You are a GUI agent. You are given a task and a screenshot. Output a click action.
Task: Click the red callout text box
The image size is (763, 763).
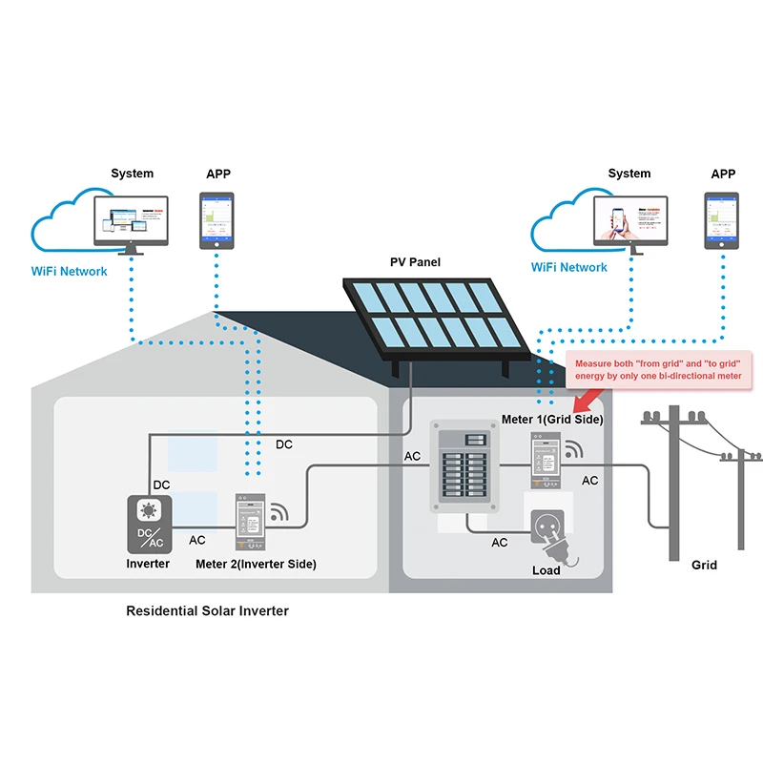(x=658, y=369)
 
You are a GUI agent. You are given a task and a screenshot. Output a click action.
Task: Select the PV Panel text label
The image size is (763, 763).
(x=415, y=261)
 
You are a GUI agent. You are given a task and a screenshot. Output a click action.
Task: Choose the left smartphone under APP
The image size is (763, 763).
(x=217, y=220)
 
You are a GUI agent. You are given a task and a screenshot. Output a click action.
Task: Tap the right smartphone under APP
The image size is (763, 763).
(x=722, y=220)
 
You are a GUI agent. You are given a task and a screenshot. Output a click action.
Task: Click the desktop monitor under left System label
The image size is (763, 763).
(x=131, y=222)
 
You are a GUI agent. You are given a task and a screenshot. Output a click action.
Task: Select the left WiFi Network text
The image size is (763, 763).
(x=70, y=271)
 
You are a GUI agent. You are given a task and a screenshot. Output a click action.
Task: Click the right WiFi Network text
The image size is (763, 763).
(x=569, y=267)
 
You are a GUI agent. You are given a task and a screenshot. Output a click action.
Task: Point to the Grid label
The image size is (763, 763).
(x=704, y=565)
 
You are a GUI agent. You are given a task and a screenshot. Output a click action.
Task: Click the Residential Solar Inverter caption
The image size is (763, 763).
(x=207, y=610)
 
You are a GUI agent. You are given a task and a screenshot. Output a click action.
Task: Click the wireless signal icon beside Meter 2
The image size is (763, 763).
(x=278, y=512)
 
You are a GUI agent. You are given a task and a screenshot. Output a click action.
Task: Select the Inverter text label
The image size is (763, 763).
(x=148, y=564)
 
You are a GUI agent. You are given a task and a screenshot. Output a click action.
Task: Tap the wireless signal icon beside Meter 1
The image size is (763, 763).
(x=573, y=449)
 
